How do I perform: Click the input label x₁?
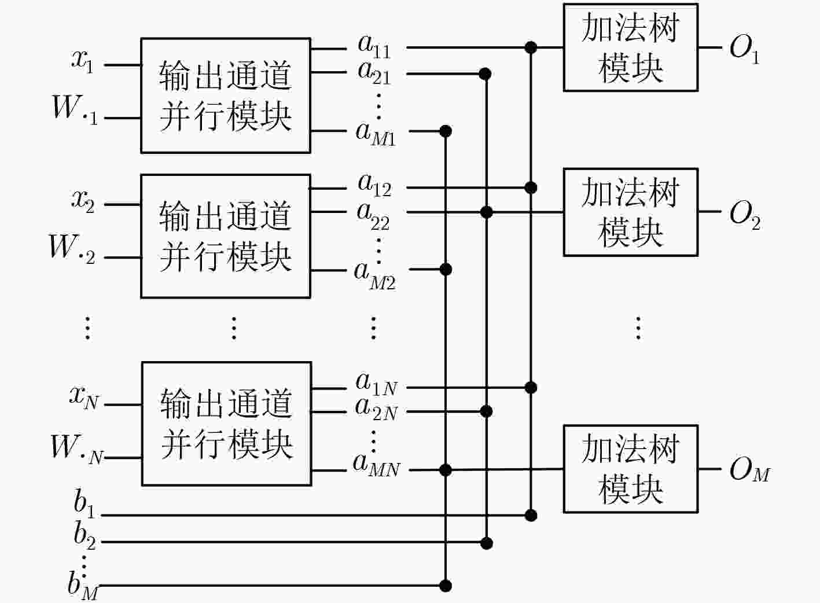tap(82, 61)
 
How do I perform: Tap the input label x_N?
tap(84, 399)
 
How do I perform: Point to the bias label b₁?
tap(84, 504)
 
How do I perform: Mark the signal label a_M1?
tap(376, 134)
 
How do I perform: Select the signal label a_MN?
tap(376, 465)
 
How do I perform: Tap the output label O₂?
tap(745, 216)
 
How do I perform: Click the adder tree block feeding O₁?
tap(631, 47)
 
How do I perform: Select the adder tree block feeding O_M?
tap(631, 469)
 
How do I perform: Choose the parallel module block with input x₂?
tap(226, 237)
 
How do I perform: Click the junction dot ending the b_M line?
tap(446, 586)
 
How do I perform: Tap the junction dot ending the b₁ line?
tap(531, 516)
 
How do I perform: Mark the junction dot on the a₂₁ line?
tap(485, 74)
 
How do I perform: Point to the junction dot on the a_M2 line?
tap(446, 270)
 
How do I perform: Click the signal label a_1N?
tap(376, 384)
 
